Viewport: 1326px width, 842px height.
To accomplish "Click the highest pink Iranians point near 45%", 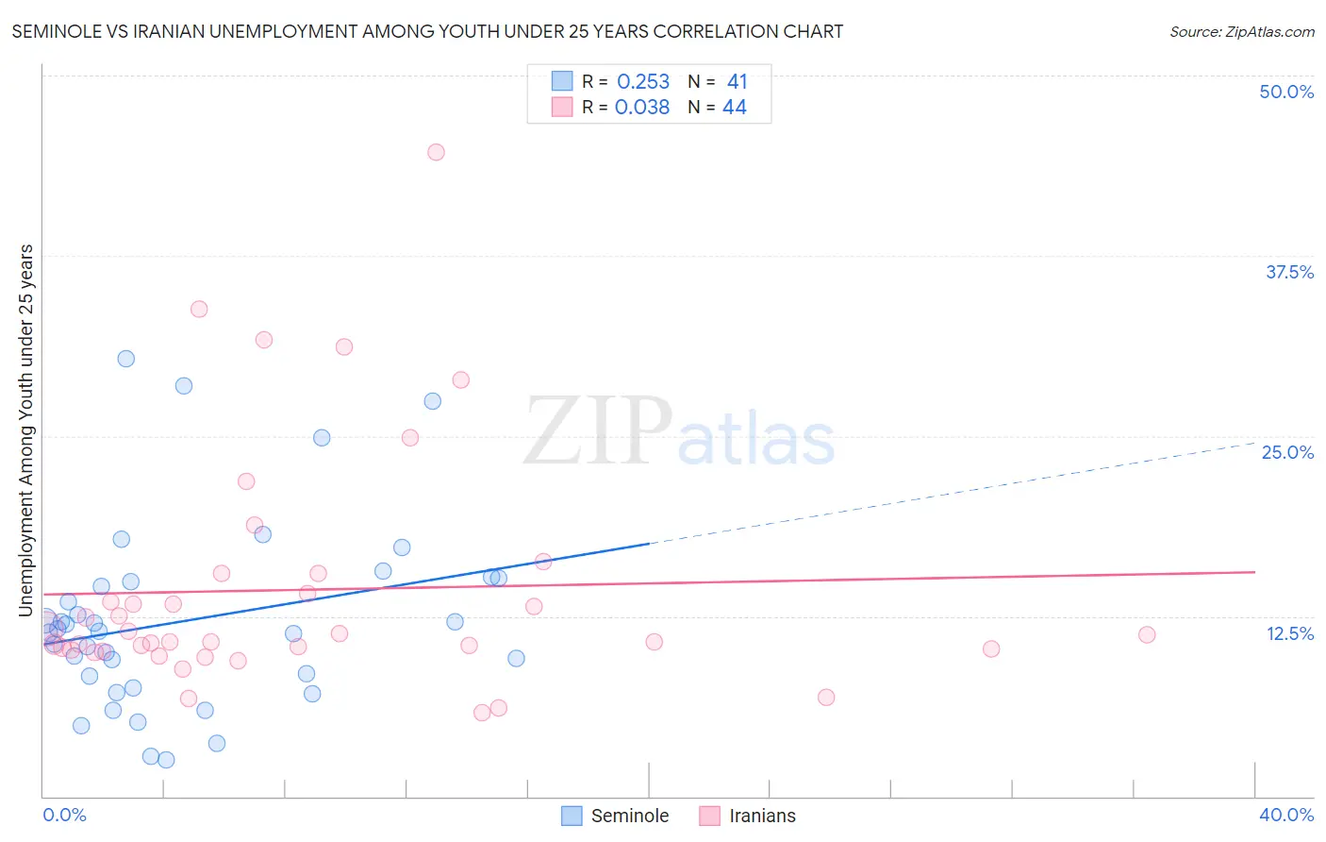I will click(x=436, y=152).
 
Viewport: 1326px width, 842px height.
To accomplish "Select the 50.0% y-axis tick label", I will click(x=1286, y=92).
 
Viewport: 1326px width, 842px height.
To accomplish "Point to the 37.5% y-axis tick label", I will click(x=1289, y=272).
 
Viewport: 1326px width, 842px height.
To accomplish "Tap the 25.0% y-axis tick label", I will click(x=1287, y=452).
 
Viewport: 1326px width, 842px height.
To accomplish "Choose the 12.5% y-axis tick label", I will click(x=1289, y=633).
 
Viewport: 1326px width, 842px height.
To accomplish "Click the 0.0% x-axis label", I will click(x=64, y=815).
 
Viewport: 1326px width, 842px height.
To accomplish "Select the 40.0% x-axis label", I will click(x=1286, y=815).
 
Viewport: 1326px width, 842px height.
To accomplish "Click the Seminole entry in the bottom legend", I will click(x=629, y=816).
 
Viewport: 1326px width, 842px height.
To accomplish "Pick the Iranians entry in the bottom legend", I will click(x=762, y=816).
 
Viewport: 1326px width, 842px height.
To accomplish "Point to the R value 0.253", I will click(x=643, y=82).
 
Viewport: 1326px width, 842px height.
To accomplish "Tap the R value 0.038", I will click(x=642, y=108).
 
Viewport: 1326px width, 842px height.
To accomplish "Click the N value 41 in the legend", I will click(x=737, y=82).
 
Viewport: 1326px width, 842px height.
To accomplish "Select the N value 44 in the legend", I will click(x=735, y=108).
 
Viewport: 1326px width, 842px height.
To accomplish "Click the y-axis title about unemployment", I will click(x=25, y=430).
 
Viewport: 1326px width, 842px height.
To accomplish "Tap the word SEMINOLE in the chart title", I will click(x=55, y=31).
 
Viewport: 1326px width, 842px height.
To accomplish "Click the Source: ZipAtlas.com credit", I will click(x=1241, y=31).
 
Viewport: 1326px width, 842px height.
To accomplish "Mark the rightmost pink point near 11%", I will click(x=1147, y=634).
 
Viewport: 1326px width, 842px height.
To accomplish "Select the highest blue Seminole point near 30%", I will click(x=126, y=359).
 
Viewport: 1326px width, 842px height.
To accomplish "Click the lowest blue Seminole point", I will click(x=166, y=760).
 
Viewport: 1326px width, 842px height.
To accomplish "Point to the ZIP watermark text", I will click(x=598, y=431).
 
